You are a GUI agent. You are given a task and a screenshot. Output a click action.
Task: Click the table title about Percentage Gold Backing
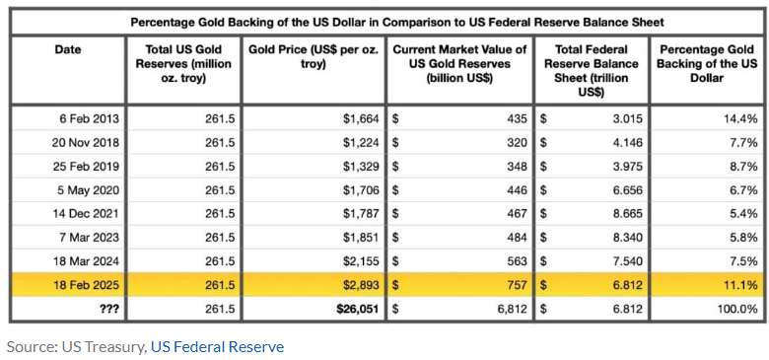coord(396,22)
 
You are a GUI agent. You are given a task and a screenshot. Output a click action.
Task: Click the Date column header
coord(68,49)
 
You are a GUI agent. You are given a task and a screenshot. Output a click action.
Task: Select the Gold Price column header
coord(315,57)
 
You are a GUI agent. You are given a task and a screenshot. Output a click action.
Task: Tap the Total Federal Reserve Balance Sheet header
coord(591,71)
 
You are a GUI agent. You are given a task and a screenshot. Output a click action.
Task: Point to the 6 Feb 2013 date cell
coord(86,118)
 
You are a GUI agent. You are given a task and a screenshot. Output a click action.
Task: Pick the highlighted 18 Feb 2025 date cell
coord(86,285)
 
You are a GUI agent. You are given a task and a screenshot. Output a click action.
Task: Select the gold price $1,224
coord(361,143)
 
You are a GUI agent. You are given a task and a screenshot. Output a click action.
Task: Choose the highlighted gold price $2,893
coord(361,285)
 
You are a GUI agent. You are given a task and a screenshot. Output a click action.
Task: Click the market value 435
coord(518,118)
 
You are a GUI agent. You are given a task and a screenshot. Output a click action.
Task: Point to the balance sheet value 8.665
coord(628,214)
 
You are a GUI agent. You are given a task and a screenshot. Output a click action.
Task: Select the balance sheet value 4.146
coord(628,143)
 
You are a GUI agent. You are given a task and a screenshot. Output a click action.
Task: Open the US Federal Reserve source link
coord(217,347)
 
